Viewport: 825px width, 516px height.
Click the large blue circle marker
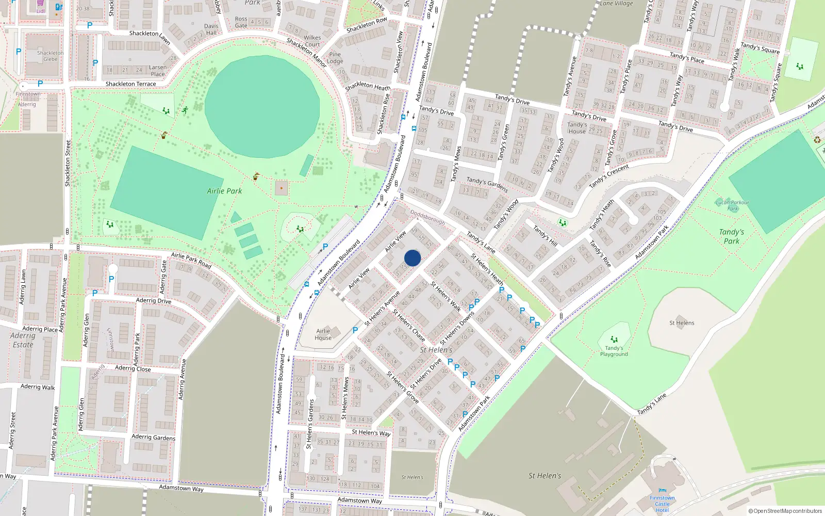[x=412, y=258]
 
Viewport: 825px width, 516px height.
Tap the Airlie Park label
[x=224, y=191]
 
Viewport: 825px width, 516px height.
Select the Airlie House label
[x=323, y=334]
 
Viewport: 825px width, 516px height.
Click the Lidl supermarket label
[x=41, y=10]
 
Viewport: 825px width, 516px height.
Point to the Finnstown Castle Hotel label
[x=662, y=504]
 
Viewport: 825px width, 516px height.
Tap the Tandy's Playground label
[x=614, y=351]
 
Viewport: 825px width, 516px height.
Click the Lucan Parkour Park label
[x=732, y=205]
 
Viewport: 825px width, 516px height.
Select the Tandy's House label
[x=577, y=127]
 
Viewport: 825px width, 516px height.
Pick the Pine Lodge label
[x=335, y=58]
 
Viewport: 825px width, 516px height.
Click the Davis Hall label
[x=211, y=29]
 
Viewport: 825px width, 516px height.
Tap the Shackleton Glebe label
[x=51, y=56]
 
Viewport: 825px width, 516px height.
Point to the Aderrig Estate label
[x=23, y=340]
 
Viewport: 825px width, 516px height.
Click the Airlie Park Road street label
[x=191, y=260]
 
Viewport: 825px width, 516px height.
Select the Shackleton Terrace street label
[x=130, y=84]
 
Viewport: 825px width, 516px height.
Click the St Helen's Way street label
[x=371, y=432]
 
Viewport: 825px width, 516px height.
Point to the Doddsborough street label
[x=427, y=217]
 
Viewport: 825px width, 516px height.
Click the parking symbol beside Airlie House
[x=355, y=330]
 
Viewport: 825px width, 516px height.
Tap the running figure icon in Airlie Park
[x=185, y=110]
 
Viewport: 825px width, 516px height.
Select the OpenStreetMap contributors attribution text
[x=785, y=511]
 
